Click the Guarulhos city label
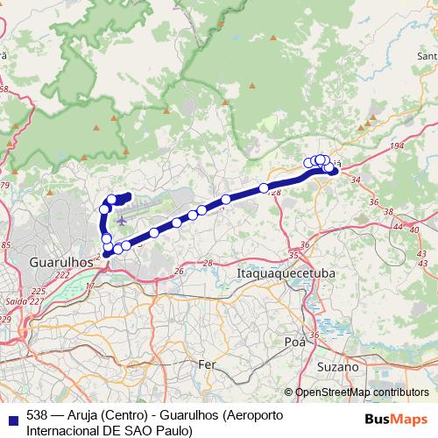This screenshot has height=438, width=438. pyautogui.click(x=61, y=261)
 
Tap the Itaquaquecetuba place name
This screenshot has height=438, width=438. pyautogui.click(x=286, y=274)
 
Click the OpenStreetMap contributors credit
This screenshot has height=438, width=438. pyautogui.click(x=361, y=392)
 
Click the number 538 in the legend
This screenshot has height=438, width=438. pyautogui.click(x=38, y=414)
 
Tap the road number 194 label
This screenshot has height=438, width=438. pyautogui.click(x=397, y=145)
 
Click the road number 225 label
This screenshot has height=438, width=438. pyautogui.click(x=39, y=291)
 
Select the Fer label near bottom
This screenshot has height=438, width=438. pyautogui.click(x=208, y=364)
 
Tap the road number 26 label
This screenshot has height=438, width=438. pyautogui.click(x=180, y=272)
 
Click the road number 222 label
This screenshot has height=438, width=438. pyautogui.click(x=61, y=274)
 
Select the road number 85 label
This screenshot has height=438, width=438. pyautogui.click(x=5, y=244)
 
